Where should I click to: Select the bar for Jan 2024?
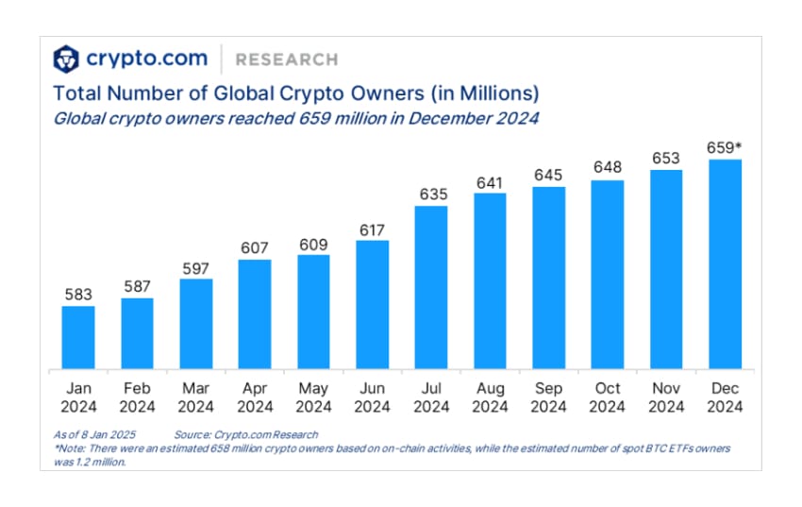78,337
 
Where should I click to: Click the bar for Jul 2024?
431,287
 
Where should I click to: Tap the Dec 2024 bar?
725,264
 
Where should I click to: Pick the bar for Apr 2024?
255,313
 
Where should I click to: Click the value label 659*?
726,146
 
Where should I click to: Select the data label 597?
195,266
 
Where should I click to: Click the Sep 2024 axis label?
548,397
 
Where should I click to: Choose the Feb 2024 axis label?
137,397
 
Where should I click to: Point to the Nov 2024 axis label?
666,397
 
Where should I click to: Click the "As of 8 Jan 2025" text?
95,433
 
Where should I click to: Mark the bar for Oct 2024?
608,275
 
